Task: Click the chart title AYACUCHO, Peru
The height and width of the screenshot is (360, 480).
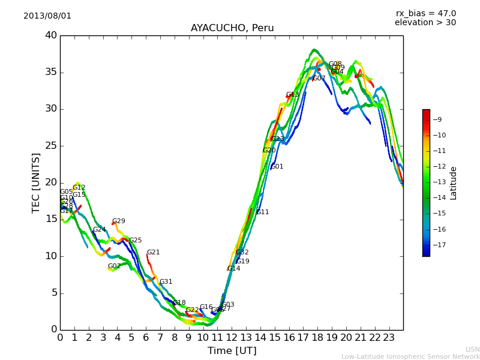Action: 232,28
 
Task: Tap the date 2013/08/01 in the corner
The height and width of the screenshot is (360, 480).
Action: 47,16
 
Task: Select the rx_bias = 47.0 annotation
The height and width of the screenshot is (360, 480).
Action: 425,14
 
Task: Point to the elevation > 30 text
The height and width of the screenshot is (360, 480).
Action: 425,23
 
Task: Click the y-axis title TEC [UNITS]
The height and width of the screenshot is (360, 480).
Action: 36,182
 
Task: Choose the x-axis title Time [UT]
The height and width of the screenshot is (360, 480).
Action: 232,350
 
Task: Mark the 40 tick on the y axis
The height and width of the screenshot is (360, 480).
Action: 51,35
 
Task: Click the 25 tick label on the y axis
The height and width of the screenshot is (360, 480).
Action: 51,146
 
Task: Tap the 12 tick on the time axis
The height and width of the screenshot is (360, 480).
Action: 232,337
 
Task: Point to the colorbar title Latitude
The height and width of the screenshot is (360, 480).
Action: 454,183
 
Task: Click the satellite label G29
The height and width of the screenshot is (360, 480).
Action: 119,221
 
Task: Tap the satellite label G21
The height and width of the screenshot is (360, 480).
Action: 154,253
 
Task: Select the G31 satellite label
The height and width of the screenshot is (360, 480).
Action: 166,282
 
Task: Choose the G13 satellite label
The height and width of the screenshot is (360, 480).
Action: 292,95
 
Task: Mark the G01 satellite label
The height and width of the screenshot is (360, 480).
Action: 277,167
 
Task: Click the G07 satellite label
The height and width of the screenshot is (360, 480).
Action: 319,79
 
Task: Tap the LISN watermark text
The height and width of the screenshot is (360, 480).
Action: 472,349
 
